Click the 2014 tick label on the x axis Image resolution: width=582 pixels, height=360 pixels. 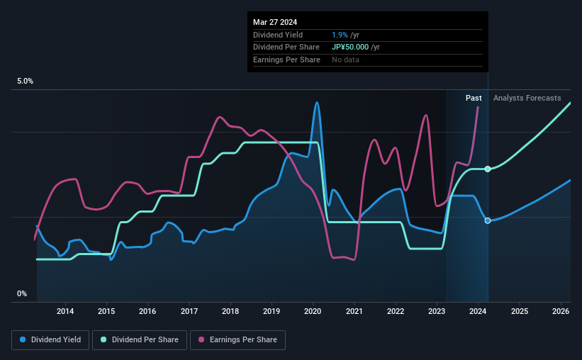click(x=65, y=311)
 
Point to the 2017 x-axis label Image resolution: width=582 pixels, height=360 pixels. click(x=189, y=311)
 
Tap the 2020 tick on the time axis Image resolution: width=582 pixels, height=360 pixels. click(x=313, y=311)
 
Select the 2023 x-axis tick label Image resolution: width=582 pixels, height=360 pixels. click(x=437, y=311)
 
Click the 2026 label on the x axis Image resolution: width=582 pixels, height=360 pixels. click(x=561, y=311)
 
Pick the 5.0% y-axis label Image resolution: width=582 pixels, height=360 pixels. click(x=26, y=81)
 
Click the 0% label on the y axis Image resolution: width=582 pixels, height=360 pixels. click(x=22, y=293)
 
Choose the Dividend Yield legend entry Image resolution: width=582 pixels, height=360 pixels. click(x=50, y=340)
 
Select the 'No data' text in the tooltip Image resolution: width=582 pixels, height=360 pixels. click(x=345, y=60)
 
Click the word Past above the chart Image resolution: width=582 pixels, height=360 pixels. click(x=474, y=98)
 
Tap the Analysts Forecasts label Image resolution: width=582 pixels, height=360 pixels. click(x=527, y=98)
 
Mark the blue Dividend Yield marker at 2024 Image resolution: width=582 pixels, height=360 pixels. click(x=488, y=220)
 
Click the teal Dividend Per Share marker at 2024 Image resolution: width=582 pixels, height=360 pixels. click(x=488, y=169)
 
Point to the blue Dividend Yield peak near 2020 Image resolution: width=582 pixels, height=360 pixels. click(x=317, y=103)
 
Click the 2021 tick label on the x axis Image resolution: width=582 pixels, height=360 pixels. click(x=354, y=311)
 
